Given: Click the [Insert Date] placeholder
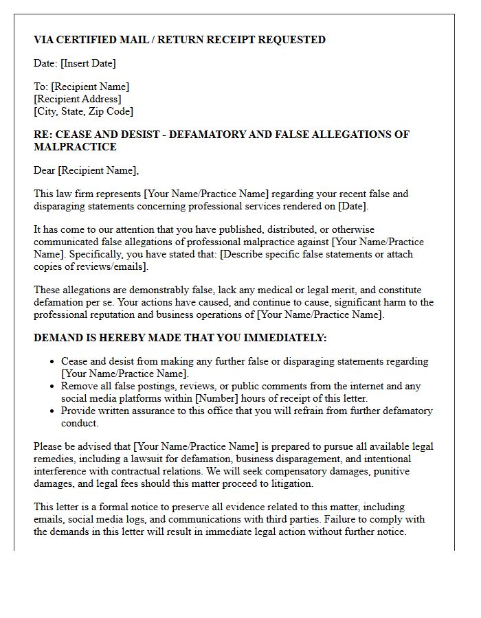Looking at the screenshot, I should tap(88, 63).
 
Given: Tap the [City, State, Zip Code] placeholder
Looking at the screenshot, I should tap(83, 111).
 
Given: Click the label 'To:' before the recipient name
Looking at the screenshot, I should tap(41, 87).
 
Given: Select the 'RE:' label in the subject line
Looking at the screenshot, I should tap(43, 135).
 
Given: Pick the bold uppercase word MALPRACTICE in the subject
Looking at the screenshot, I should tap(75, 147).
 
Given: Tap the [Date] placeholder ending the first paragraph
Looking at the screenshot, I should tap(353, 206).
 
